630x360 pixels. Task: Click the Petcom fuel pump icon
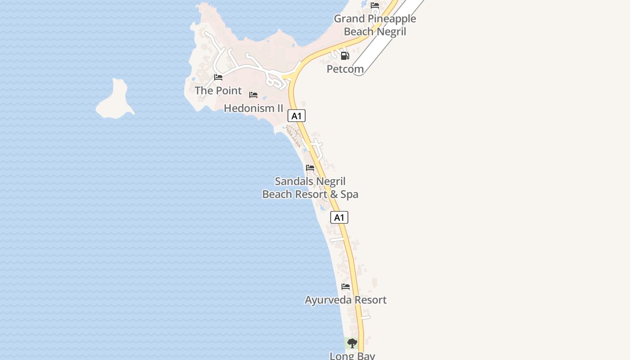point(345,56)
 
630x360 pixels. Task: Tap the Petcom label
point(345,69)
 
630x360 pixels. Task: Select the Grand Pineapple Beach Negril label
point(375,25)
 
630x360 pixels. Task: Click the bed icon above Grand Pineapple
point(375,6)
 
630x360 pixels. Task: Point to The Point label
point(218,90)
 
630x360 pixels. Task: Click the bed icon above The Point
point(218,77)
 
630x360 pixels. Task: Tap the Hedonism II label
point(253,108)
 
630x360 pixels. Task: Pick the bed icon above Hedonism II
point(253,95)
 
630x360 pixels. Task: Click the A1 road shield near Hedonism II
point(297,116)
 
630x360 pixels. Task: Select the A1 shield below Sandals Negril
point(339,218)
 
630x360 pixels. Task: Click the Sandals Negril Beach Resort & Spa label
point(310,188)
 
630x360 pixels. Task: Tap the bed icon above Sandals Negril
point(310,168)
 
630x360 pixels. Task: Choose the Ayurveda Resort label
point(346,300)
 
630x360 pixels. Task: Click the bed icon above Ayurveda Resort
point(346,287)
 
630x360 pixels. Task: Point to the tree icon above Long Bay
point(352,343)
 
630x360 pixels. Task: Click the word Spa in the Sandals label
point(349,194)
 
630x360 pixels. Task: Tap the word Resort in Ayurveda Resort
point(366,300)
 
